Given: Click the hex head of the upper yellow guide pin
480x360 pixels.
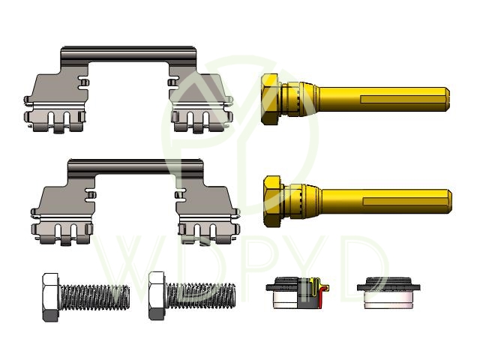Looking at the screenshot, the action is pos(270,99).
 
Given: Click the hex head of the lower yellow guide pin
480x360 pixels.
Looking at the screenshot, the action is pos(272,201).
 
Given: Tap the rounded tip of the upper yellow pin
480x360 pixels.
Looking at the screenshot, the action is pos(447,99).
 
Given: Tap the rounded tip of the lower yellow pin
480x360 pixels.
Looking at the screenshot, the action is pos(449,201).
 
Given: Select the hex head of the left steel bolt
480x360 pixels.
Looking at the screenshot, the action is pos(51,297).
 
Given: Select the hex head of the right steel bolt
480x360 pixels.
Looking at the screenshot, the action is pos(157,295).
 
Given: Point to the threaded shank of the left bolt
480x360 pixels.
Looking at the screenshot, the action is pos(94,297).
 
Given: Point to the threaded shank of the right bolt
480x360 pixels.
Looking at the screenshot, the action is pos(200,295).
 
